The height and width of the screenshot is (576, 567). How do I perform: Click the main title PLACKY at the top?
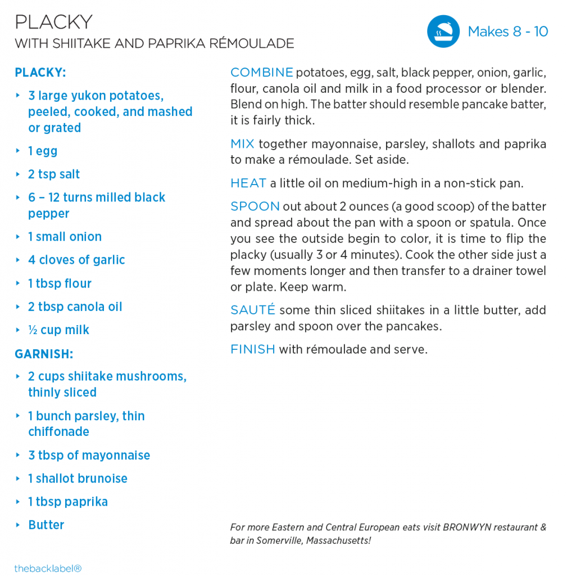point(53,22)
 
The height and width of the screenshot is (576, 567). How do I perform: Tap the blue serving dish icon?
point(443,31)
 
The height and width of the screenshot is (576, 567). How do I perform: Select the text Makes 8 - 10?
point(507,31)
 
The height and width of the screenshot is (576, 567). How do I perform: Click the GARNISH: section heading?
point(44,354)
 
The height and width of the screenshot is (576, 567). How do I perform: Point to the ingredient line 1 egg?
point(43,151)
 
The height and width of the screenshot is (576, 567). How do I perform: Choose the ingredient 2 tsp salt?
point(54,174)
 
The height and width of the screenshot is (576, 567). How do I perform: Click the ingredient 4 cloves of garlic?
point(76,260)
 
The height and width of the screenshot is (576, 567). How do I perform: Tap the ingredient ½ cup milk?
point(58,330)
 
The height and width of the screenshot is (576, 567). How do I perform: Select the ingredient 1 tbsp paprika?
point(67,502)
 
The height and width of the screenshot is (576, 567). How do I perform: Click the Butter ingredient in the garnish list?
point(46,525)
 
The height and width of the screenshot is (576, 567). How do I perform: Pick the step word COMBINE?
point(261,73)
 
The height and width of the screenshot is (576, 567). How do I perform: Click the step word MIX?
point(242,144)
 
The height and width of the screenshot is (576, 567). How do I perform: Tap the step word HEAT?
point(248,183)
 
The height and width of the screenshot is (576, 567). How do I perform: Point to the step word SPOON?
point(255,206)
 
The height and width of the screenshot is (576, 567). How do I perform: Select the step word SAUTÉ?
point(252,310)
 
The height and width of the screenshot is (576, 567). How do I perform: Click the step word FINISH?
point(252,349)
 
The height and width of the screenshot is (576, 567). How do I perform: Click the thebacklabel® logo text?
point(48,568)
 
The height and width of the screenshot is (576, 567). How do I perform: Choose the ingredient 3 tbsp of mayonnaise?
point(89,455)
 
